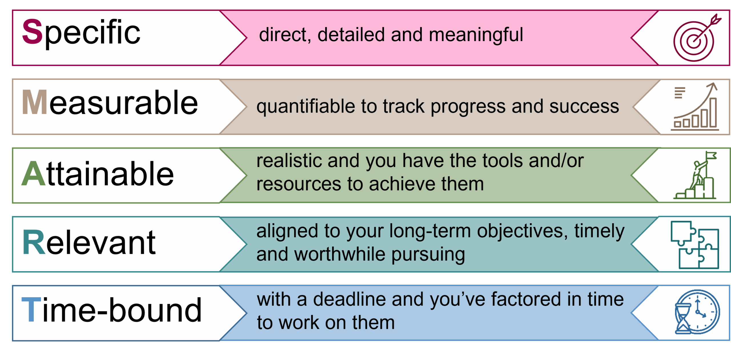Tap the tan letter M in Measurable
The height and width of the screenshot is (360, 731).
[35, 102]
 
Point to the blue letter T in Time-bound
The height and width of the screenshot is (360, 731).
[31, 309]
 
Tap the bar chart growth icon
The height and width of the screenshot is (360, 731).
[695, 106]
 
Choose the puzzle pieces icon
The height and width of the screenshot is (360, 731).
[694, 245]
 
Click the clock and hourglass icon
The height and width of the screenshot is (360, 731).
[697, 312]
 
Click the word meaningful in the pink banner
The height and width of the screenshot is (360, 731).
[476, 35]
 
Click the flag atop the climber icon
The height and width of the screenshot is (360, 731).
[711, 156]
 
